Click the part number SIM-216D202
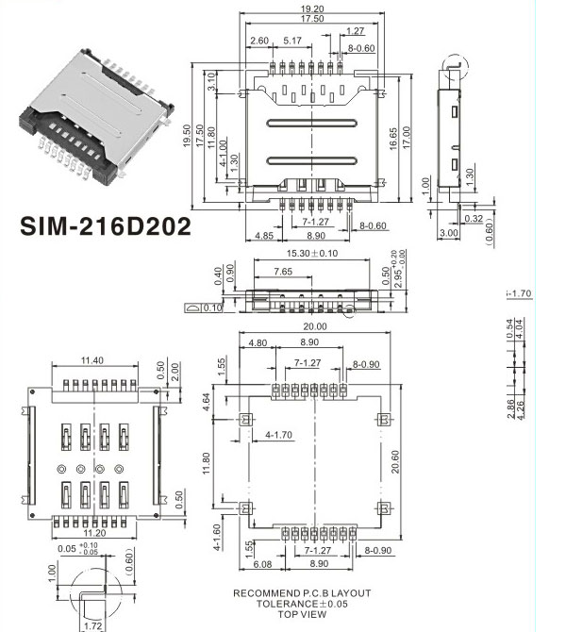(105, 226)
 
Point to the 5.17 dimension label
(291, 41)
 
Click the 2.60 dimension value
(261, 41)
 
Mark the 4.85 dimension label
(264, 236)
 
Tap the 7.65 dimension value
(281, 272)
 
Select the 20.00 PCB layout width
(314, 326)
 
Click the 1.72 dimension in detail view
(92, 625)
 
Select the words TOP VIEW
(302, 614)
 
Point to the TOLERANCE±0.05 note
(302, 604)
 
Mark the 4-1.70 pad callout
(278, 434)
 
